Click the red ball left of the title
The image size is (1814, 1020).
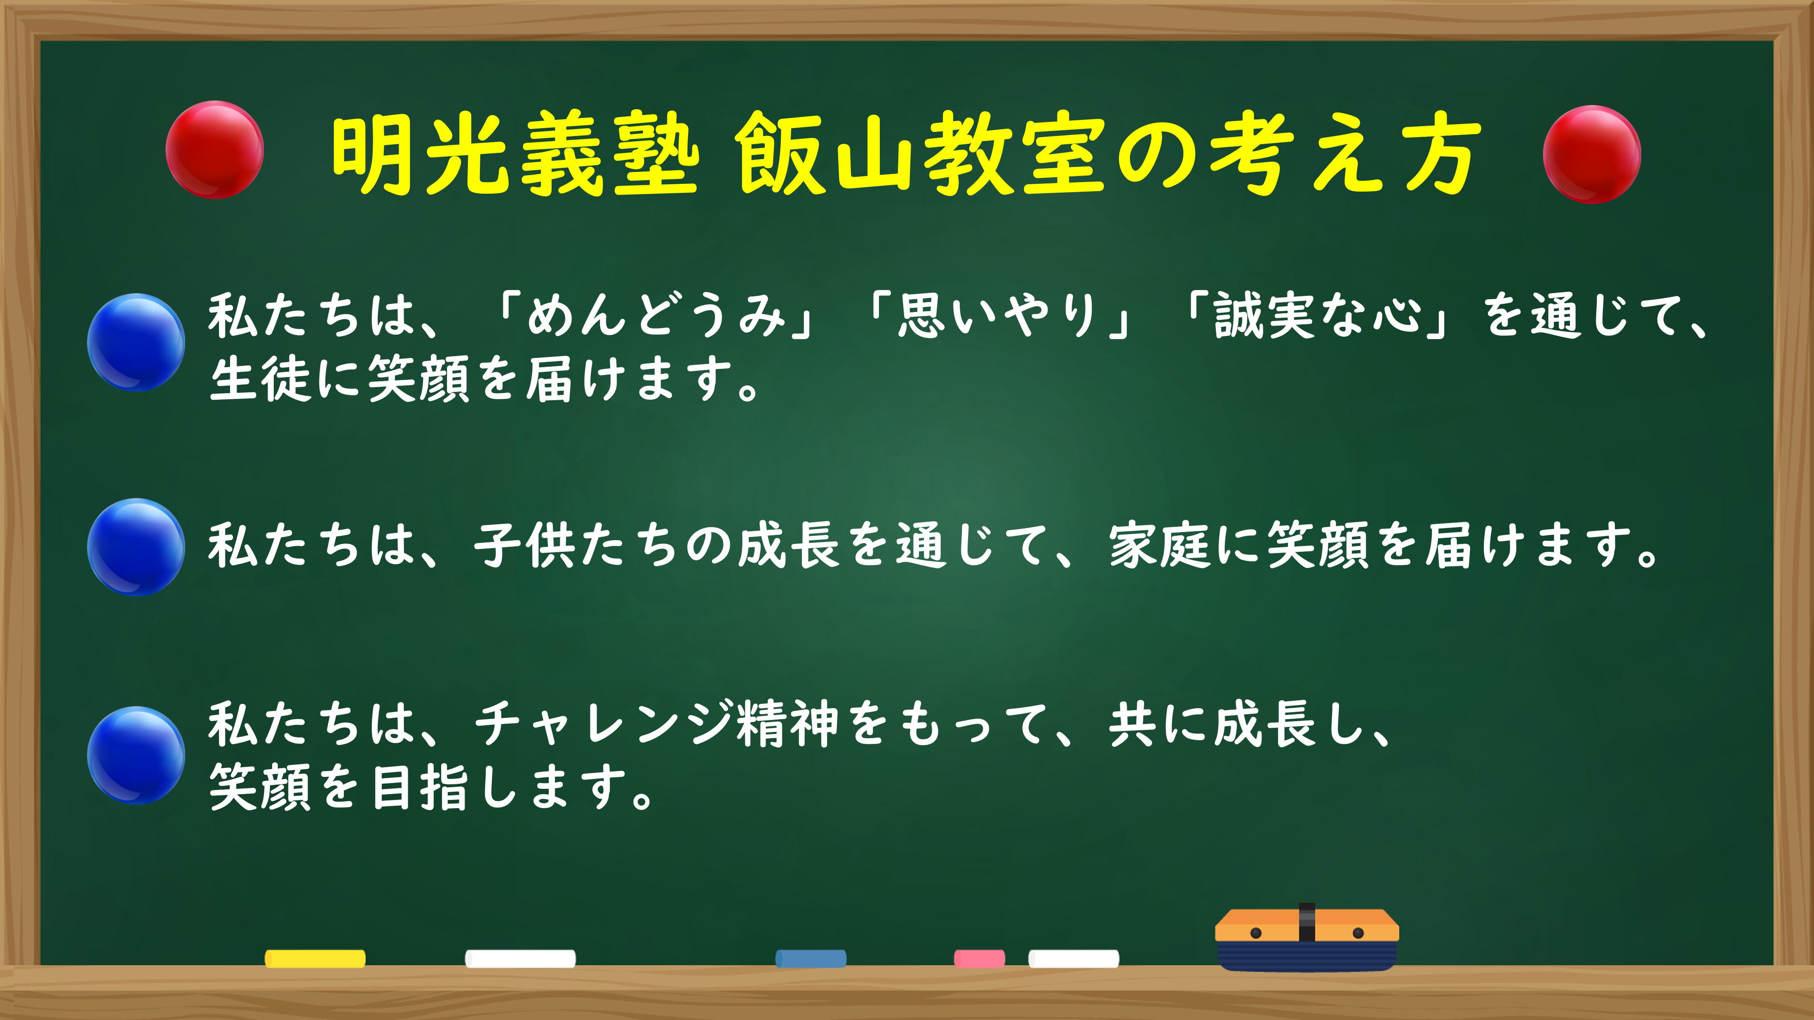click(215, 150)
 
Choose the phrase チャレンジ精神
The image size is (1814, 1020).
click(656, 724)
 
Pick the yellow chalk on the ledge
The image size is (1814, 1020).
click(315, 958)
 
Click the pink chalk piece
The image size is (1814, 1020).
click(980, 958)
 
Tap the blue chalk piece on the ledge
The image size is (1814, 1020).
click(811, 958)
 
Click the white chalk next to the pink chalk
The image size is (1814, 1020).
click(1073, 958)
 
